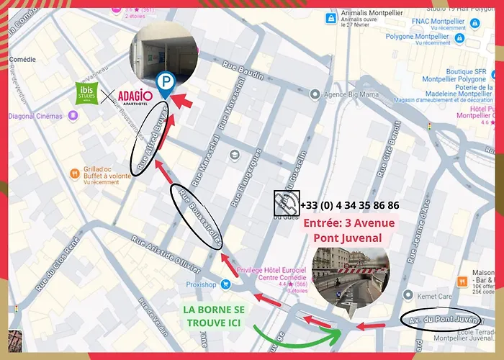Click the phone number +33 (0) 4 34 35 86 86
coord(349,205)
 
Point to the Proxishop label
coord(202,284)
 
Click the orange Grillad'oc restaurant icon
coord(74,174)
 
